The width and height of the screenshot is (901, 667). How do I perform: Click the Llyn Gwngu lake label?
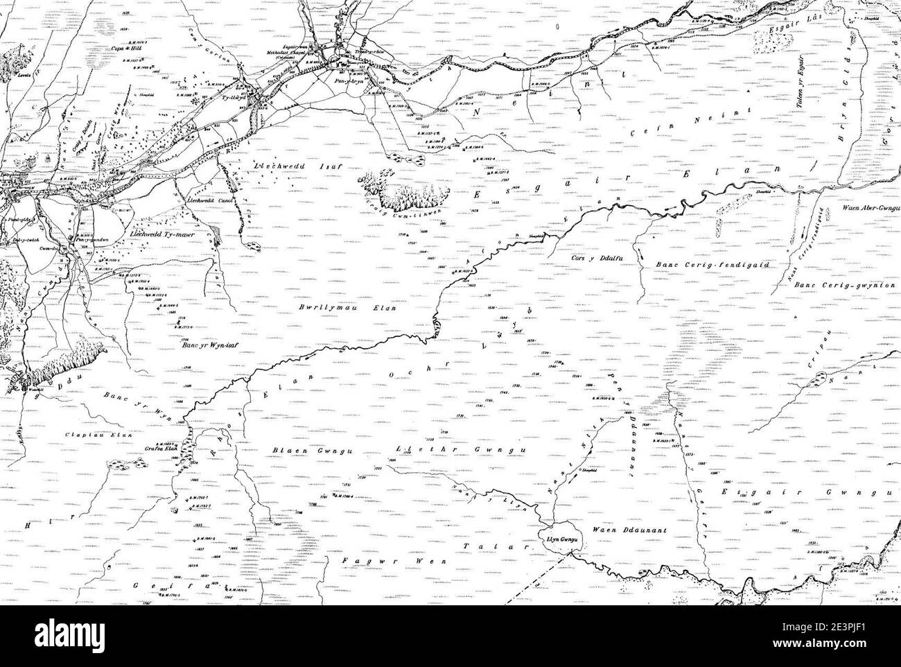click(x=555, y=536)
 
